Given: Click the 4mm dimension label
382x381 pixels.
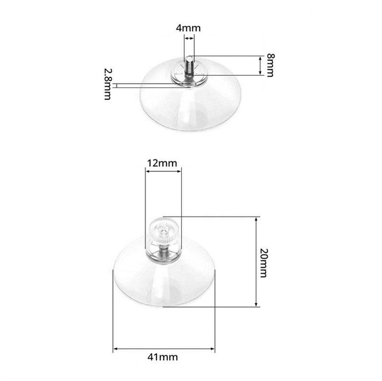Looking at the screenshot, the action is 188,28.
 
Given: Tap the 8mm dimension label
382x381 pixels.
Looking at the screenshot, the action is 270,65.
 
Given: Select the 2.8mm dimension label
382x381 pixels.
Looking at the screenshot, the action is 108,84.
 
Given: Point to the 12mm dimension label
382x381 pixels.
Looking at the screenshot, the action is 162,163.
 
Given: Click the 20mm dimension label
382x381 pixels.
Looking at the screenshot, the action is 264,263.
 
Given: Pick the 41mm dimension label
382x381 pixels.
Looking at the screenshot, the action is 162,357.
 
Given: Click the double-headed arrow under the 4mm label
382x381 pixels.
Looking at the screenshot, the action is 189,39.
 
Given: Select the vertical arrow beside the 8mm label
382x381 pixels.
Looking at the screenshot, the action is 260,65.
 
